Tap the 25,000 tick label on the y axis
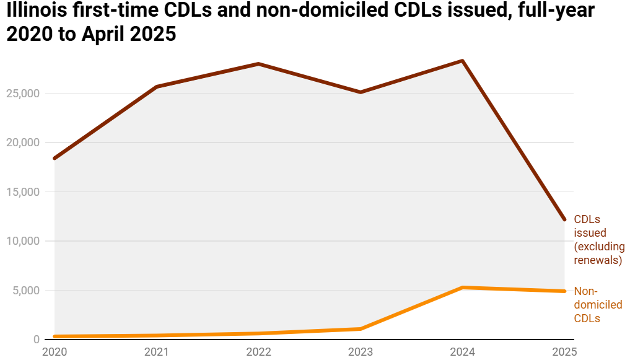(x=22, y=94)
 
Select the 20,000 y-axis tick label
(x=22, y=143)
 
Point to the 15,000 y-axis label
(x=22, y=192)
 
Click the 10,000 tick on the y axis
(x=22, y=241)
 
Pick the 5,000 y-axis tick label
(x=25, y=291)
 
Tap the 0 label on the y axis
(x=37, y=340)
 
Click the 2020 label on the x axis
(x=55, y=352)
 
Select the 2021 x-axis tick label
(x=156, y=352)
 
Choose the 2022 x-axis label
(x=258, y=352)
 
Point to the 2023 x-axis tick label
(x=361, y=352)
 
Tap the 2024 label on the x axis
(x=462, y=352)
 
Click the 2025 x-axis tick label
(x=564, y=352)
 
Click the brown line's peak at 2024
(x=462, y=61)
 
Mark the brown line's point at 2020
(x=55, y=159)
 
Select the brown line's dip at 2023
(x=361, y=92)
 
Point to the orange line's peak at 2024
(x=462, y=288)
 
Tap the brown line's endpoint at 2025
(x=564, y=219)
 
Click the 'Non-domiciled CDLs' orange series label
(x=598, y=304)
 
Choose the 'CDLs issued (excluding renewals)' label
(x=598, y=240)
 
